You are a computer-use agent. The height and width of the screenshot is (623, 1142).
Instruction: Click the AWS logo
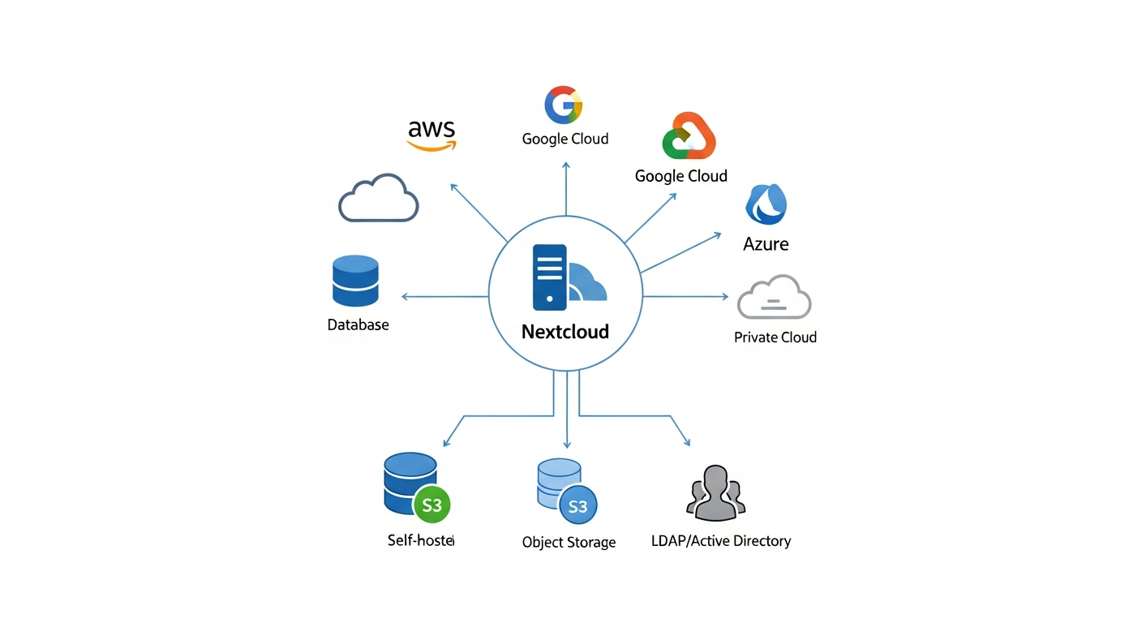431,135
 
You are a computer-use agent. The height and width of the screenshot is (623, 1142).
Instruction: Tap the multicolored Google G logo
564,105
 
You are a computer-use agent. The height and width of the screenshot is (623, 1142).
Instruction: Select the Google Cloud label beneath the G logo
565,139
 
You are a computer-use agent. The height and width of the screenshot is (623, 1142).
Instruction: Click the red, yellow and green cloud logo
689,136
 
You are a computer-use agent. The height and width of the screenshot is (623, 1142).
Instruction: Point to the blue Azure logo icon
766,204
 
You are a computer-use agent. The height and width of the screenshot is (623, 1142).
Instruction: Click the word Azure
766,244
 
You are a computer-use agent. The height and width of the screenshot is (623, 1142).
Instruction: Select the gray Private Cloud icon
774,297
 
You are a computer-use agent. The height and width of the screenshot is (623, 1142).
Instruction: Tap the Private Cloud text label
775,337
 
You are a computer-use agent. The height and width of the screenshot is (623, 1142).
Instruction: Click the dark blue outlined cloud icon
378,198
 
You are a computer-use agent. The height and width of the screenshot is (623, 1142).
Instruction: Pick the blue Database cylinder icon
355,281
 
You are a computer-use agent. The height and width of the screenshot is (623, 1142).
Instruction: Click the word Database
358,325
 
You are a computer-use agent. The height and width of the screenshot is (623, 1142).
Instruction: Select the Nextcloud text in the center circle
565,332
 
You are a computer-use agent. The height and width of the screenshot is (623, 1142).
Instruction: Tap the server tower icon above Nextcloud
549,277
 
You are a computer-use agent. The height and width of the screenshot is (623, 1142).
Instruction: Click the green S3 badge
431,505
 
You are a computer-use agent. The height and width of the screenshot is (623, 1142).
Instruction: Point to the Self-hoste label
421,540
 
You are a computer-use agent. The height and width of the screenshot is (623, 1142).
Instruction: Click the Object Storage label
569,542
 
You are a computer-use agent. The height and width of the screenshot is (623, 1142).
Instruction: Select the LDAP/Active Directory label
720,541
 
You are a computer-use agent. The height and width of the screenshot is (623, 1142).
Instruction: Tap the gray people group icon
715,493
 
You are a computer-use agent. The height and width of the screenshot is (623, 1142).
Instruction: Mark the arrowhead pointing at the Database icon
405,297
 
